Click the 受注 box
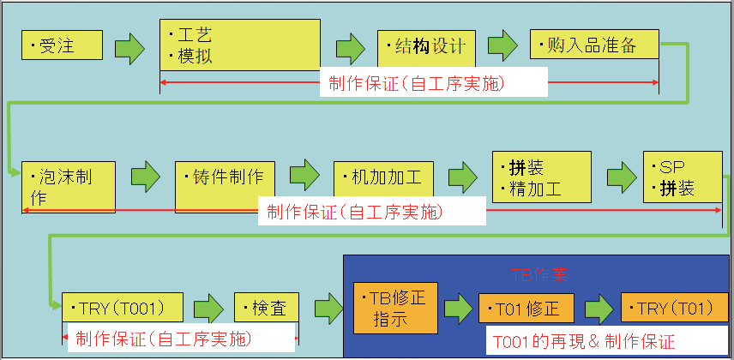pos(62,45)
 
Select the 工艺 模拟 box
pos(239,45)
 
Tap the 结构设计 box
pos(426,45)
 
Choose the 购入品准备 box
pos(594,45)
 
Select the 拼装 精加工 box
pos(542,177)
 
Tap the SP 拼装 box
pos(682,177)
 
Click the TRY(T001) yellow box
pos(123,307)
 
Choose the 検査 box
pos(267,307)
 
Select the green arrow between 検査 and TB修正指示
pos(328,309)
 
